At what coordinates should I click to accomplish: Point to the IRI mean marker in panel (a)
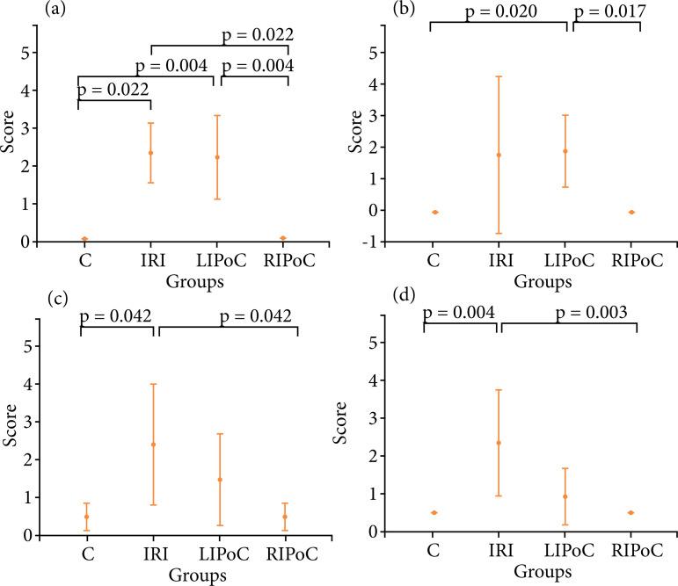[x=150, y=153]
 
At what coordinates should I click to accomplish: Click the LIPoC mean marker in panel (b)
[x=565, y=151]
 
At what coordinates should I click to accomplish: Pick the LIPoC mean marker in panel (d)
[x=565, y=497]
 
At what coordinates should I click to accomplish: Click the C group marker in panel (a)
[x=84, y=239]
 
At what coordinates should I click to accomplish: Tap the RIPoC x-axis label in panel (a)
[x=286, y=262]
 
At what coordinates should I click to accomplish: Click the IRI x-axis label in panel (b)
[x=499, y=261]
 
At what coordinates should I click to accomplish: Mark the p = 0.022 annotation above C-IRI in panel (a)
[x=114, y=90]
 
